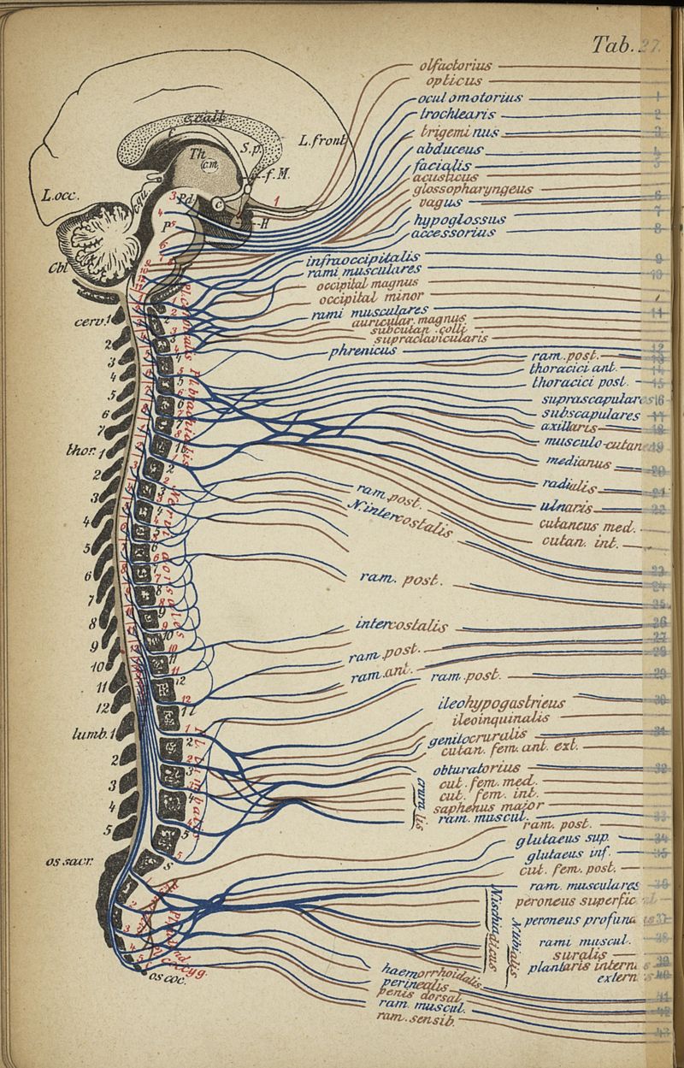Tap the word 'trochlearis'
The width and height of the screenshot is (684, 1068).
click(x=457, y=115)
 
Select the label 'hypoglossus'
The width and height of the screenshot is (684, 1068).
click(x=459, y=220)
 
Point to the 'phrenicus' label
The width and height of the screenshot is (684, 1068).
click(x=363, y=351)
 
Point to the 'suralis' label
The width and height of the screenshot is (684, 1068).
click(x=580, y=954)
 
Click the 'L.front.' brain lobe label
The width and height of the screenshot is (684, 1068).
click(x=321, y=141)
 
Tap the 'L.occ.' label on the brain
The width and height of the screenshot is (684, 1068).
click(x=60, y=196)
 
